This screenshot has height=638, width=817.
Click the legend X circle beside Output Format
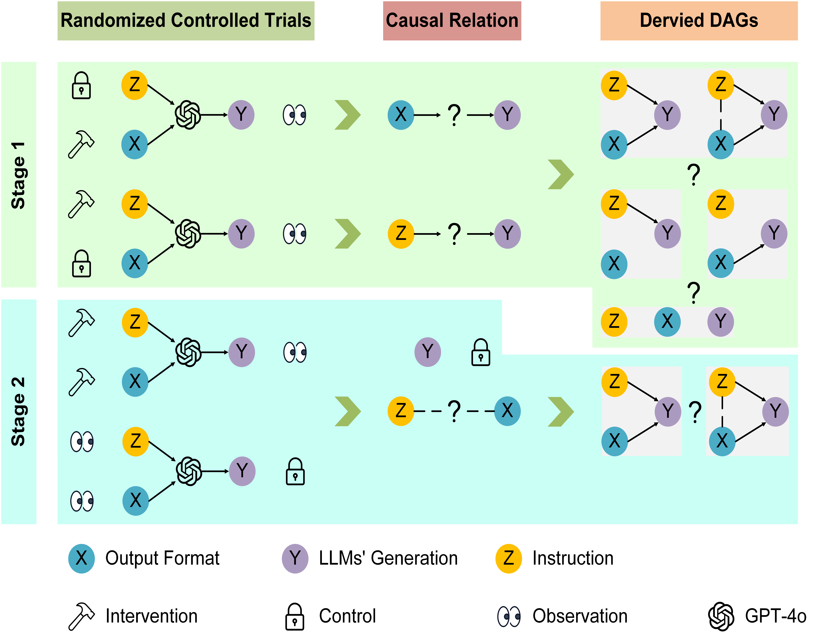[81, 558]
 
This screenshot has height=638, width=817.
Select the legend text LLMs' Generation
[388, 558]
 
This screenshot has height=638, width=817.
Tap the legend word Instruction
[573, 558]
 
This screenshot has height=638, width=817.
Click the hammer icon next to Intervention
[81, 616]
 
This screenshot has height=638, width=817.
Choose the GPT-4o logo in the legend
[721, 616]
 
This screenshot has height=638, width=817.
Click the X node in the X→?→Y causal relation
[401, 115]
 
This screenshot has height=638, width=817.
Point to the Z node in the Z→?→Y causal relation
[401, 234]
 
